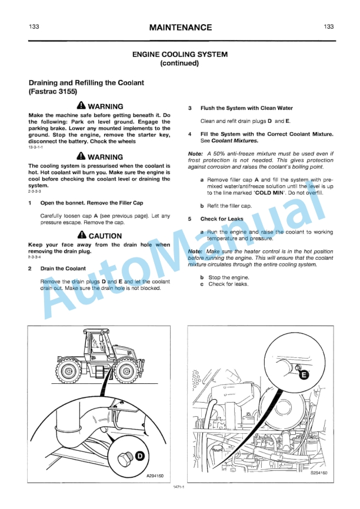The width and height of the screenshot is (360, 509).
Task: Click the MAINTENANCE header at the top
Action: point(180,27)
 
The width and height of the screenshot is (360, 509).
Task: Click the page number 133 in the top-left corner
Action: point(34,27)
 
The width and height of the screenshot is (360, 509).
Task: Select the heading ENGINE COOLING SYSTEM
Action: point(180,54)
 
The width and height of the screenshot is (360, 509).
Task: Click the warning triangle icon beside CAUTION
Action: point(82,236)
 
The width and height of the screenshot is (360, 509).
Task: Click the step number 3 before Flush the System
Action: point(189,108)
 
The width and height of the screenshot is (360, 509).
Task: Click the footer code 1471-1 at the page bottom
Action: point(179,487)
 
